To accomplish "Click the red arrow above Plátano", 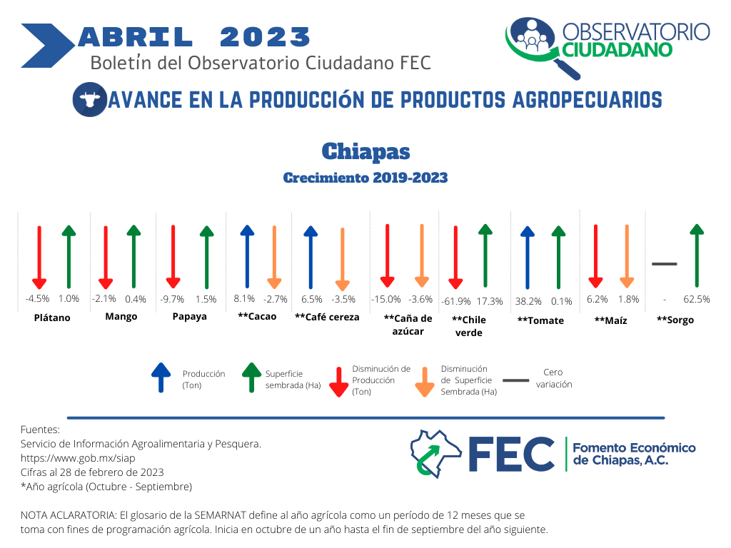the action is (x=39, y=257).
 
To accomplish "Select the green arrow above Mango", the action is (x=133, y=256).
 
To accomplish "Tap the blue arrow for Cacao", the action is (x=247, y=256).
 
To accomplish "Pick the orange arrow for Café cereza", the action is (x=343, y=259).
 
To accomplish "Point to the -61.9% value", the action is (x=456, y=302).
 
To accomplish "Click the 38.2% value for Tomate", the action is (x=528, y=302).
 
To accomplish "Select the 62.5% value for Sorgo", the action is (x=697, y=299).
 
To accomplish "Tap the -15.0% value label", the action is (x=386, y=299).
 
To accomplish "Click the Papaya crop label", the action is (x=189, y=316).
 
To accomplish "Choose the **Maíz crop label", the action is (x=611, y=320).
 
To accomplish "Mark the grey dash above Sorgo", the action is (x=665, y=264).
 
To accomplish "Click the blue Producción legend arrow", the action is (x=161, y=377).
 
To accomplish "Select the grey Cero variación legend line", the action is (x=516, y=380).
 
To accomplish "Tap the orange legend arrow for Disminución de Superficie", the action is (x=425, y=382).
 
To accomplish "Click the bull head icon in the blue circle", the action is (x=89, y=99).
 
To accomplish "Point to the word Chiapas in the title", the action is (x=366, y=151).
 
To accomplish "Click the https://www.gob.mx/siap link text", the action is (x=78, y=458).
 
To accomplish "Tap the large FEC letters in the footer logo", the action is (x=511, y=455).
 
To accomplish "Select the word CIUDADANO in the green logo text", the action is (x=617, y=50).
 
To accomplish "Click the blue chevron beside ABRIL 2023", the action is (x=48, y=46).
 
